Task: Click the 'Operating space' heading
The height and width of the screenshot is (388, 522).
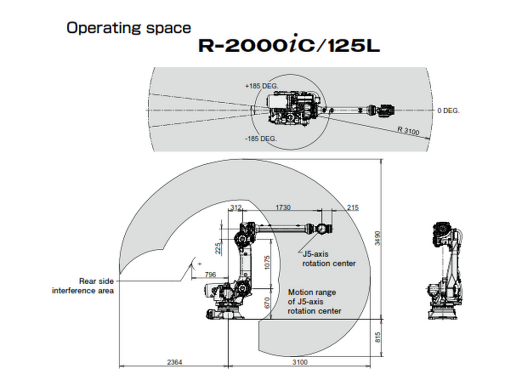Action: point(128,28)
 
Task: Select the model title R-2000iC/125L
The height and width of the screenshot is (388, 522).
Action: point(289,46)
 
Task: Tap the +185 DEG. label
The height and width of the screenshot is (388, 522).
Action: point(262,85)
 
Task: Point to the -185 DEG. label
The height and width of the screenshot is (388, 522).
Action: point(260,139)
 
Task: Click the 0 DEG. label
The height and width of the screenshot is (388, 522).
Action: point(448,111)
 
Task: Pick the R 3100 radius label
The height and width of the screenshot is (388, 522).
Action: point(408,131)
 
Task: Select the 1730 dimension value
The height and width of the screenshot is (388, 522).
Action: point(283,208)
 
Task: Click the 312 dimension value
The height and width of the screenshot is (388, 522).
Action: point(236,208)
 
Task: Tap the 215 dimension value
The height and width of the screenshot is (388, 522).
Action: point(353,208)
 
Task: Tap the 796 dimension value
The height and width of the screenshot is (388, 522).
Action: point(210,274)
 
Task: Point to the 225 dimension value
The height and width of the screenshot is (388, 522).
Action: point(217,247)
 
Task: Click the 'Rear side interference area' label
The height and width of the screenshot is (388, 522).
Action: point(82,285)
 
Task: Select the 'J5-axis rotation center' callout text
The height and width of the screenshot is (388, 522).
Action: point(329,259)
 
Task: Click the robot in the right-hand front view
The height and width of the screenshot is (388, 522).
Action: point(447,271)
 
